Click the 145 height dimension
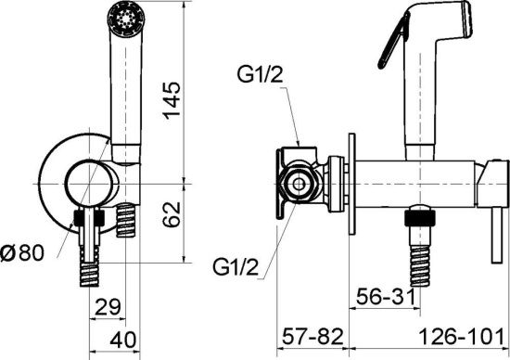click(172, 100)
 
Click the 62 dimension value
click(172, 214)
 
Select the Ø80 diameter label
click(22, 253)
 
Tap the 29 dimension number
click(108, 306)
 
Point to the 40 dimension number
click(123, 341)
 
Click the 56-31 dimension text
click(386, 297)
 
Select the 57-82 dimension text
click(312, 337)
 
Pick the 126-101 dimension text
click(462, 337)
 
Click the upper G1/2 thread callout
click(260, 75)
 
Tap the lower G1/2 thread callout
click(236, 267)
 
